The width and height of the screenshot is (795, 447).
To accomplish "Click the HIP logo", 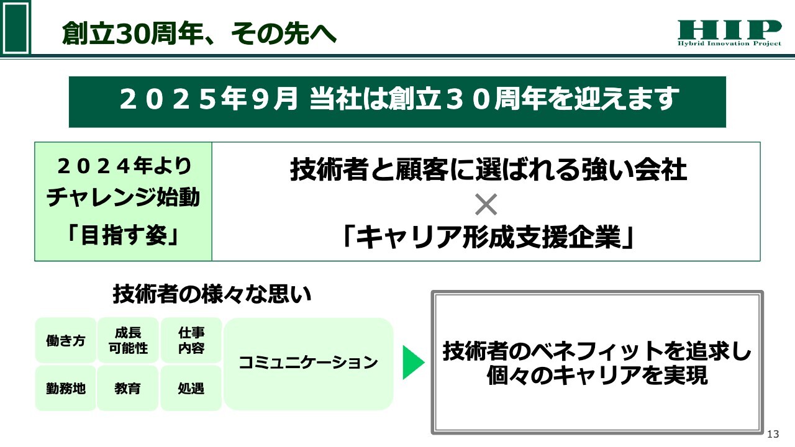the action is [729, 33].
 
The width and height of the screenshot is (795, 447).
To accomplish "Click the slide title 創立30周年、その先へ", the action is [199, 34].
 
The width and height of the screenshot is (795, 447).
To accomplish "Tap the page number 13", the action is [773, 434].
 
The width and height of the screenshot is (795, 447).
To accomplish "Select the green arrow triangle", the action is [414, 362].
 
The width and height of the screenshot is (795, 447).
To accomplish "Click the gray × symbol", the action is [486, 204].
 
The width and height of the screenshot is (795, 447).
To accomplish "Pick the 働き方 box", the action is [66, 341].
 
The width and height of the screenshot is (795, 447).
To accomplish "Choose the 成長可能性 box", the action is [128, 341].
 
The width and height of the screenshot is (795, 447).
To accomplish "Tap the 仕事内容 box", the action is [191, 341].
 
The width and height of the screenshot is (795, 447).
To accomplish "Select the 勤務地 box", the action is [66, 389].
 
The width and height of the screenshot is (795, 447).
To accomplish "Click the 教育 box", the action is [127, 389].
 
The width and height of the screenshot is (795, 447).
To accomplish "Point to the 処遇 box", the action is [191, 389].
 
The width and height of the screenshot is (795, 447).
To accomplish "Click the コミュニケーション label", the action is [308, 362].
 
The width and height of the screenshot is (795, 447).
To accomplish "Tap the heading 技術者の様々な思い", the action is [212, 294].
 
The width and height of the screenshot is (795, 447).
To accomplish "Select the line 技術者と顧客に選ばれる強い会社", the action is [488, 170].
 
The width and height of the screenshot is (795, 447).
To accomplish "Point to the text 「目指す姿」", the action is [123, 235].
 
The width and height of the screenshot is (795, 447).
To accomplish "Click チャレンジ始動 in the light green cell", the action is [123, 197].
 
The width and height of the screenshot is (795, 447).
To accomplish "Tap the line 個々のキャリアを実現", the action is [597, 376].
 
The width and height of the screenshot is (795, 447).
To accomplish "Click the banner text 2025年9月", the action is [208, 99].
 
